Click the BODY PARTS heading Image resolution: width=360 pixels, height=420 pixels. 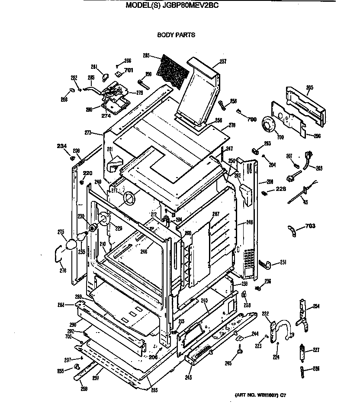coord(176,35)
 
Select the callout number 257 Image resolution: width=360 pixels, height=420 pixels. coord(223,61)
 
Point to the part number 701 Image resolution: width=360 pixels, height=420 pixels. coord(129,70)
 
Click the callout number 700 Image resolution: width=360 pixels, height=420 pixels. coord(252,120)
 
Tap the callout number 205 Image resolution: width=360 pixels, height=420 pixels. coord(309,87)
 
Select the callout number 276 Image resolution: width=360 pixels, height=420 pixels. coord(63,271)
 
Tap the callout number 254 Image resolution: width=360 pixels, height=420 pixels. coord(316,307)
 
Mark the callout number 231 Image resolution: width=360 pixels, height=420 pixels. coord(283,262)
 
